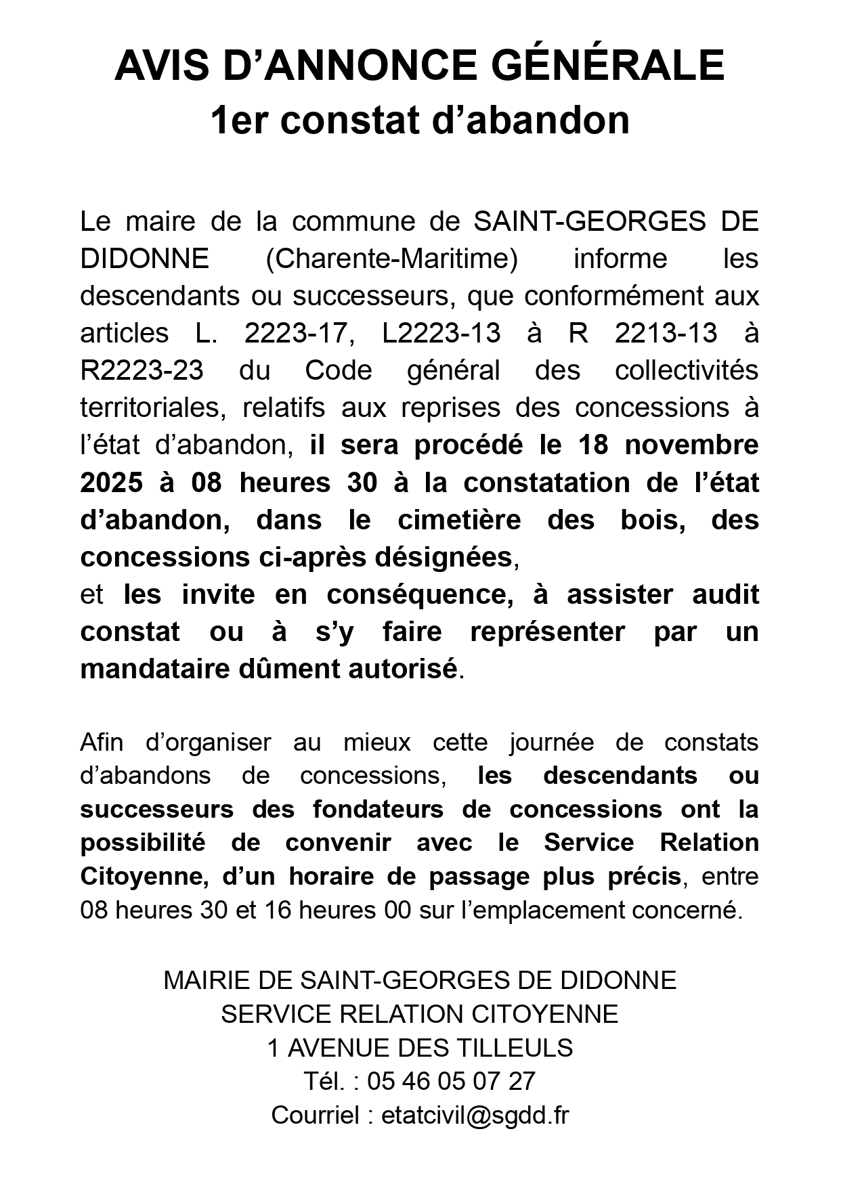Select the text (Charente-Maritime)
click(x=391, y=259)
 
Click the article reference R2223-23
click(x=142, y=370)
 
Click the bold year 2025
click(x=112, y=483)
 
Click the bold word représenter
click(x=547, y=632)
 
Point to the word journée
click(x=552, y=742)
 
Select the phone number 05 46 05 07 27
click(x=452, y=1081)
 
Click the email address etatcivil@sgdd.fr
click(x=475, y=1115)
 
